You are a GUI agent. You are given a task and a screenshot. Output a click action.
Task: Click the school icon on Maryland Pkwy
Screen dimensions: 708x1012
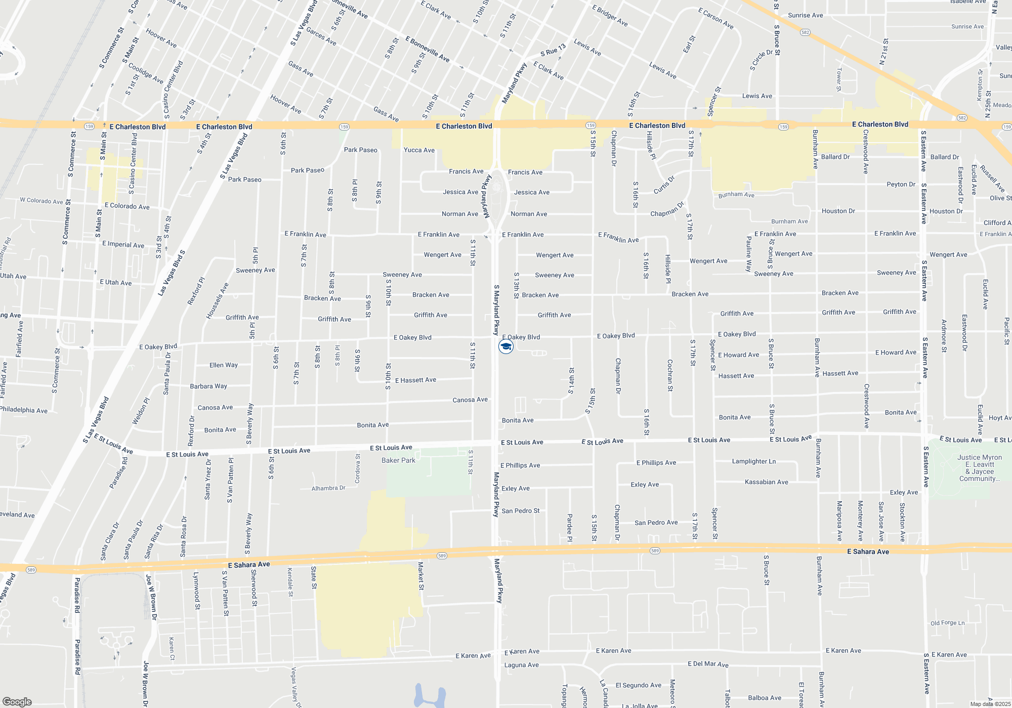coord(505,346)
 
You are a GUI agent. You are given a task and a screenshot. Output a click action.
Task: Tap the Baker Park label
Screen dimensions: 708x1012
coord(398,461)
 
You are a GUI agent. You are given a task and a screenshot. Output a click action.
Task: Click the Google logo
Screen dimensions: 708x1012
coord(17,702)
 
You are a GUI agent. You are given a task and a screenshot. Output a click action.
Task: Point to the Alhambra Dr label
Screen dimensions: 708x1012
coord(328,489)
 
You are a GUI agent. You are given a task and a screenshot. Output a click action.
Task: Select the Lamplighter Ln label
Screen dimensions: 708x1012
coord(753,462)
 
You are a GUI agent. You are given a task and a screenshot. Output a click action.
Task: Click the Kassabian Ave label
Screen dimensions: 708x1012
coord(766,482)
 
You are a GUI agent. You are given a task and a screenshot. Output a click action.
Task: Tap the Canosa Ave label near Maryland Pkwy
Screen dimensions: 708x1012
coord(470,400)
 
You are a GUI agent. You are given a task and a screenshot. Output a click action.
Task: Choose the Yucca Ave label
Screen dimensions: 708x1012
coord(419,150)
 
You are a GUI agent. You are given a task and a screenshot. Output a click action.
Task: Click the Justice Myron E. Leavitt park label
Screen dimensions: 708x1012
coord(979,468)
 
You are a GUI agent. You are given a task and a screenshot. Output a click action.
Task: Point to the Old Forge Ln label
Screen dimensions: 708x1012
coord(947,623)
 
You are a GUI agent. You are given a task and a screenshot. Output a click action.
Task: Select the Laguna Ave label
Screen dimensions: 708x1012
coord(521,665)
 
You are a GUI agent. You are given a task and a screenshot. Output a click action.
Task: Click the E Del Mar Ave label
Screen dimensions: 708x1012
coord(708,664)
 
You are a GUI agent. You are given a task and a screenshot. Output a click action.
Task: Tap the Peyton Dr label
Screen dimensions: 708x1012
coord(901,185)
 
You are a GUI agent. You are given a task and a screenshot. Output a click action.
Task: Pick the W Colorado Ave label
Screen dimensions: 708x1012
coord(41,201)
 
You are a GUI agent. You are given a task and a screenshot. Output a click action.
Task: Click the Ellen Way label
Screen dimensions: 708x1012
coord(223,365)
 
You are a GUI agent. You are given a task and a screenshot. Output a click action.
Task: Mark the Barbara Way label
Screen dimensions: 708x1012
coord(208,386)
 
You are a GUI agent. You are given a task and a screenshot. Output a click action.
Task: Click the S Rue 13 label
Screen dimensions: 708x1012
coord(553,52)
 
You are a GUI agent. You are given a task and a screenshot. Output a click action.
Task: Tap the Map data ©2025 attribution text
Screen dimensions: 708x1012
coord(990,704)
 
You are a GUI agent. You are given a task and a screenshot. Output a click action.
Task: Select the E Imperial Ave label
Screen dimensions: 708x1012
coord(123,245)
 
